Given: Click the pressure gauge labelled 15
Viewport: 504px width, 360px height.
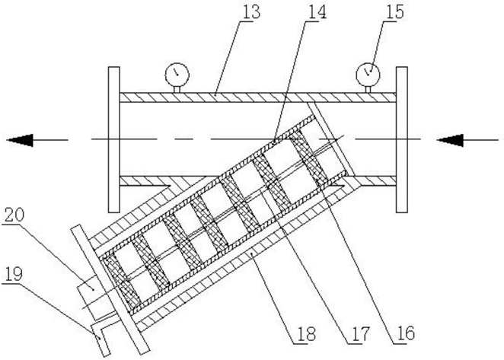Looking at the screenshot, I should point(368,72).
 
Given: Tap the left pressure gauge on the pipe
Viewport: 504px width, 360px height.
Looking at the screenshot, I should point(176,73).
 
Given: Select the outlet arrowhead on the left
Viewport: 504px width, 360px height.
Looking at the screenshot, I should point(21,139).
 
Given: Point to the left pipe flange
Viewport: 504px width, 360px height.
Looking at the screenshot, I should point(114,139).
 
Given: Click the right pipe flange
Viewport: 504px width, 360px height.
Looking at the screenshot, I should point(401,139).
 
